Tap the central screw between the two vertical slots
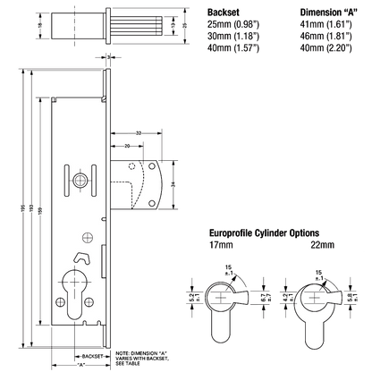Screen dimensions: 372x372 click(x=81, y=179)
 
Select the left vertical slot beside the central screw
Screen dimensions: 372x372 click(x=68, y=179)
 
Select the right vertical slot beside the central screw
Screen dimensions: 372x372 click(x=95, y=179)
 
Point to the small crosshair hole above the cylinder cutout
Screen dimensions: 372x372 click(x=85, y=237)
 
